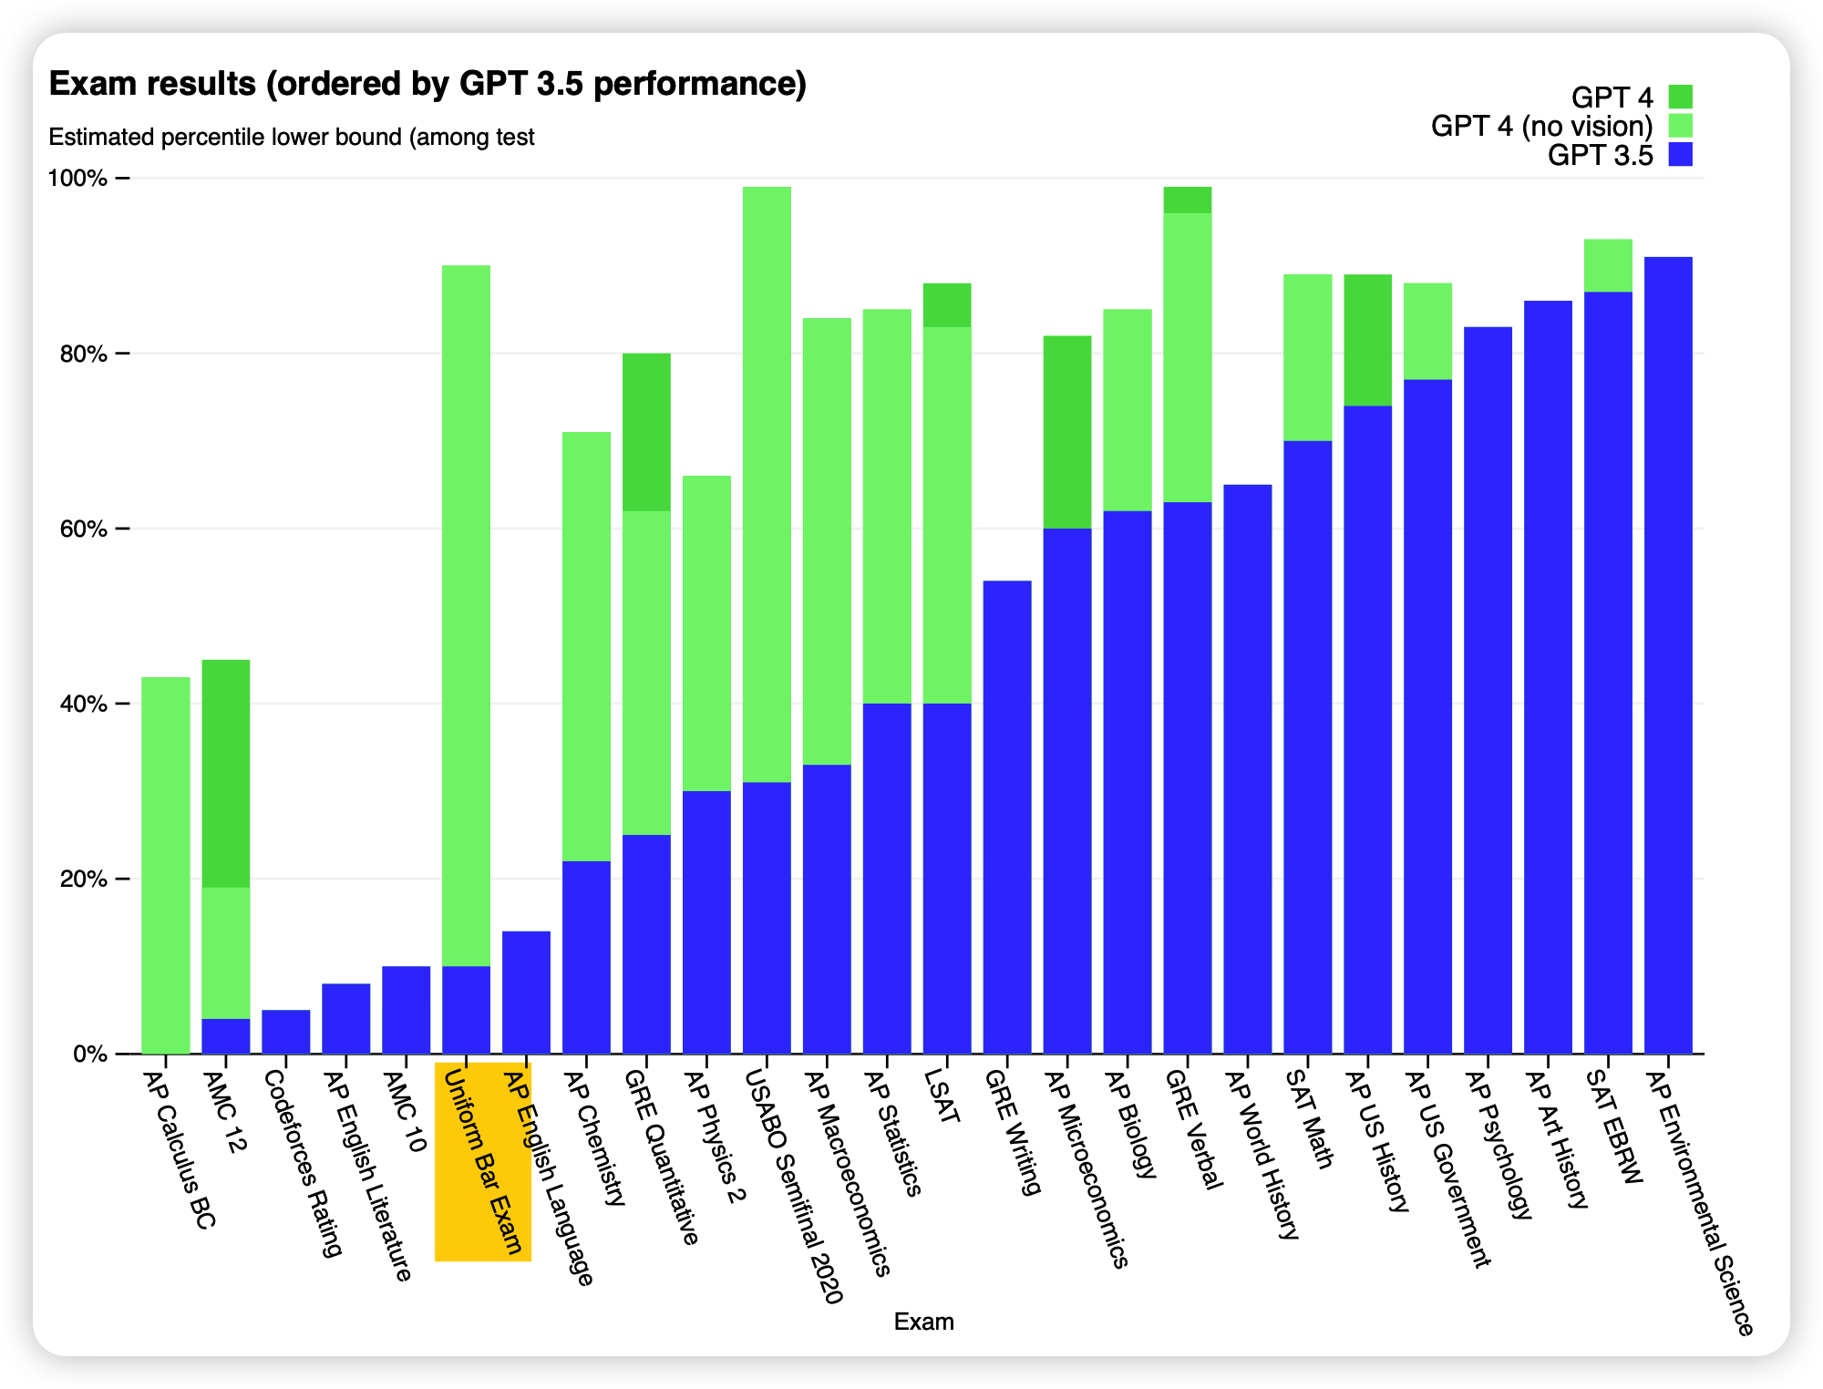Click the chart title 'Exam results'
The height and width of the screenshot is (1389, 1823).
[427, 84]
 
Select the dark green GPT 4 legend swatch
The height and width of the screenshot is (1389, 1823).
[1680, 97]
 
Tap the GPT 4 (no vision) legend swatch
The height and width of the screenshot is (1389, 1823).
[1680, 126]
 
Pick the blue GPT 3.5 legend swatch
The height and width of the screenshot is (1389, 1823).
[1680, 154]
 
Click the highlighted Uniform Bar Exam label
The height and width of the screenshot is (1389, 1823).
[483, 1162]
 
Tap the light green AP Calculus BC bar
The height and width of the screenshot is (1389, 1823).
[166, 866]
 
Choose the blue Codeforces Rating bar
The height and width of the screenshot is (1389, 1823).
[286, 1032]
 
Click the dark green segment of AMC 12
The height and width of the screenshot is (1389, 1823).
[226, 773]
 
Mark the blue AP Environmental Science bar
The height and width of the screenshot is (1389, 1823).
[1668, 656]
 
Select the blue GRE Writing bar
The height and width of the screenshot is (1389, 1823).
[1007, 818]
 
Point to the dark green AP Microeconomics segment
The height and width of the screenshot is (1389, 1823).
[1067, 432]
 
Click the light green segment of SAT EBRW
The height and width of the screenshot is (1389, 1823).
[1608, 265]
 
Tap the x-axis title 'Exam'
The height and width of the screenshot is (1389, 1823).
[923, 1322]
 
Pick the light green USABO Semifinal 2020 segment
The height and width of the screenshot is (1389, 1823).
[767, 483]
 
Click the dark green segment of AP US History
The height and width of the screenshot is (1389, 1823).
[1368, 340]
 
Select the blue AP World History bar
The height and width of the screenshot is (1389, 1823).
[1248, 769]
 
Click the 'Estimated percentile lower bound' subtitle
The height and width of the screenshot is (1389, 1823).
[292, 138]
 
